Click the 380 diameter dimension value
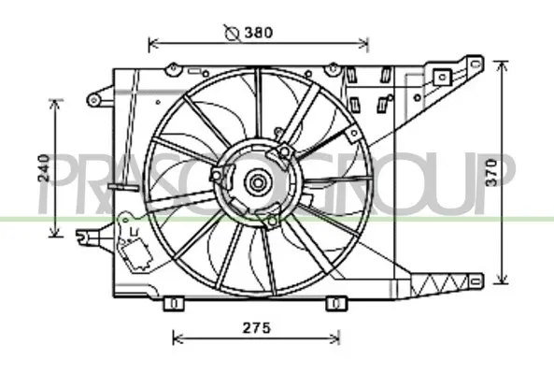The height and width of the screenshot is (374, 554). click(x=259, y=33)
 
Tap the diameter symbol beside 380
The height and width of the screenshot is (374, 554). click(x=232, y=33)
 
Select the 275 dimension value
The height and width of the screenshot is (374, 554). click(x=256, y=328)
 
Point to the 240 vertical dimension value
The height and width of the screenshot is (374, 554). click(x=44, y=168)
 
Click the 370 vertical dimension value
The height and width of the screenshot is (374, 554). click(x=490, y=172)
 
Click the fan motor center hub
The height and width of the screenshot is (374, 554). click(x=258, y=183)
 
